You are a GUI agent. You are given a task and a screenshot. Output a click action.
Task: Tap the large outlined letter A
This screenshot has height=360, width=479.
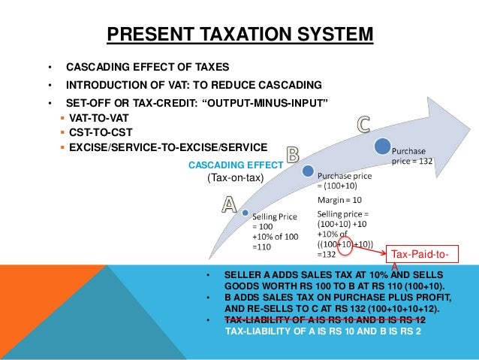click(227, 205)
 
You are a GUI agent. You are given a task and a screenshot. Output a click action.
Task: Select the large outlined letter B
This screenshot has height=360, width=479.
click(291, 156)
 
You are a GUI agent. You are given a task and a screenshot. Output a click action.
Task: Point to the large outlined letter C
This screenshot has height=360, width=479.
click(363, 124)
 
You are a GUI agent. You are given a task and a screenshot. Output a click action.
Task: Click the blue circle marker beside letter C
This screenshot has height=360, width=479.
click(383, 144)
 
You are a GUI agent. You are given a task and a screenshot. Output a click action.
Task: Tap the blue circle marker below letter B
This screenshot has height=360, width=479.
click(307, 172)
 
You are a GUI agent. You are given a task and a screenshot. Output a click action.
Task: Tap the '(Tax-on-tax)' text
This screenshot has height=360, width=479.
click(234, 177)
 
